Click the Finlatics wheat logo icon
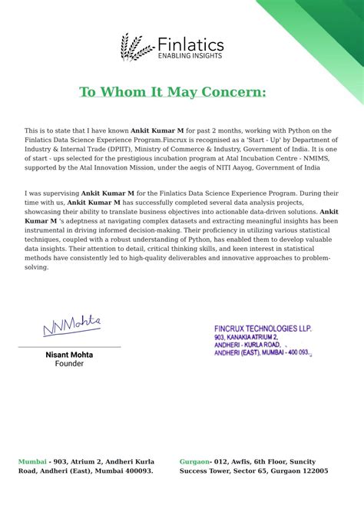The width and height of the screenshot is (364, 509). [136, 47]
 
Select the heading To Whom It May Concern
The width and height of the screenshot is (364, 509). [173, 92]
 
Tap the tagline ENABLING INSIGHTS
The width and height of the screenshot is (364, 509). [190, 56]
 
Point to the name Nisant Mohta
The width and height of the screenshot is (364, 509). [69, 355]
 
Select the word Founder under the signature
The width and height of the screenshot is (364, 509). [69, 364]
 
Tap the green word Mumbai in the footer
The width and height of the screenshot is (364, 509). [31, 461]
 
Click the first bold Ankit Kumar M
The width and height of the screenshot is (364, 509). [157, 131]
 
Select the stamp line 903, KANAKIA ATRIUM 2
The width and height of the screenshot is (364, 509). [247, 337]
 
